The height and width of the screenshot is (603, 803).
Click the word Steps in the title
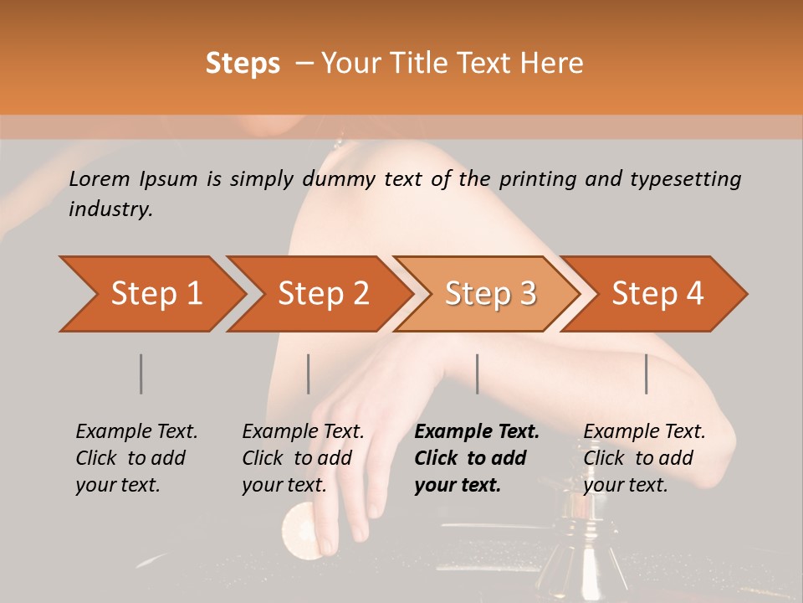point(243,64)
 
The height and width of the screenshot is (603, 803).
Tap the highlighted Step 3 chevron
point(489,294)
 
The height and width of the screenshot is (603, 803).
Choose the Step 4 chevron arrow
point(657,294)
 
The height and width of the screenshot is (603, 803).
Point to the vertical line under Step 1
point(141,374)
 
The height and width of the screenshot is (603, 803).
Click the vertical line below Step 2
point(309,374)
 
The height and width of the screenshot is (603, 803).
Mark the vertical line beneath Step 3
point(477,374)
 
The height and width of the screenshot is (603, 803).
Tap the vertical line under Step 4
point(646,374)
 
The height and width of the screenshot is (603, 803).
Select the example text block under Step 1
point(136,458)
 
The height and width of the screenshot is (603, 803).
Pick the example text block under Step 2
point(303,458)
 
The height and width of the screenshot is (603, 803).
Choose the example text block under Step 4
point(644,458)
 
